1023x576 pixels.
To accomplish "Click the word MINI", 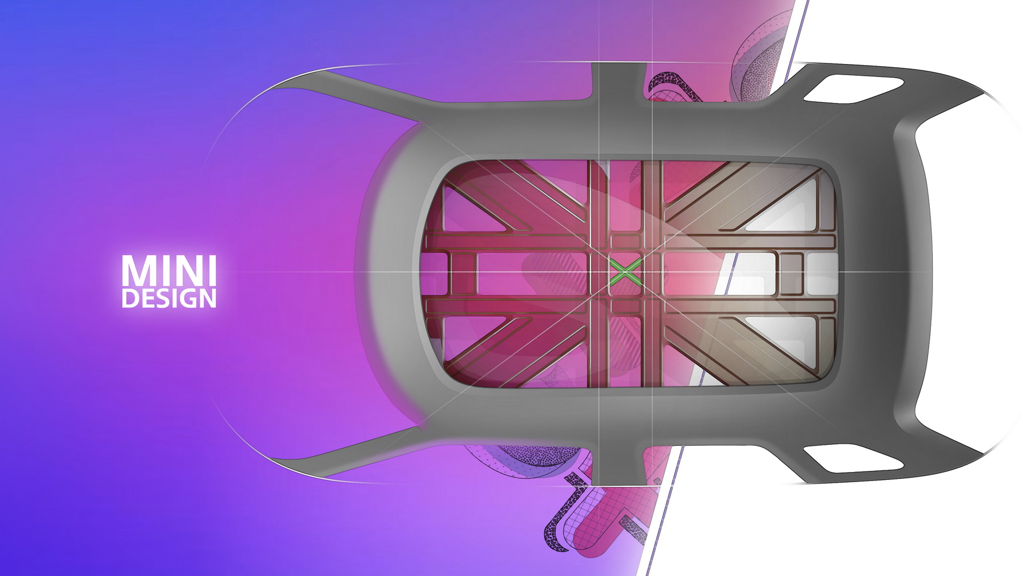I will coord(168,271).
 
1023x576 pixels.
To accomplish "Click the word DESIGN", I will coord(168,299).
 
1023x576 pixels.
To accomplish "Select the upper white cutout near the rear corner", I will coord(852,88).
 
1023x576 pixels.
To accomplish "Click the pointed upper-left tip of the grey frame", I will coord(274,90).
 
